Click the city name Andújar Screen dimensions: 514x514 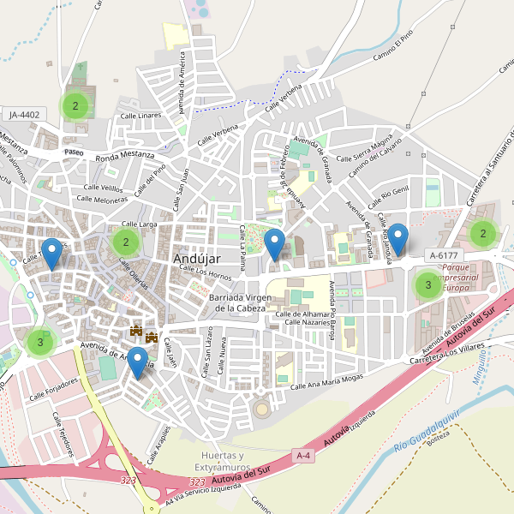[x=197, y=258]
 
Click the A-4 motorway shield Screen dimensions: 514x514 [x=303, y=455]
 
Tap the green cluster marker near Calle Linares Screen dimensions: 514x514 [x=75, y=106]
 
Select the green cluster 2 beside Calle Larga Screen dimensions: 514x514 [x=126, y=242]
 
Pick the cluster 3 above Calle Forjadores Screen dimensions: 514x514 [x=39, y=343]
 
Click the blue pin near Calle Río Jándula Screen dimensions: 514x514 [x=398, y=239]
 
